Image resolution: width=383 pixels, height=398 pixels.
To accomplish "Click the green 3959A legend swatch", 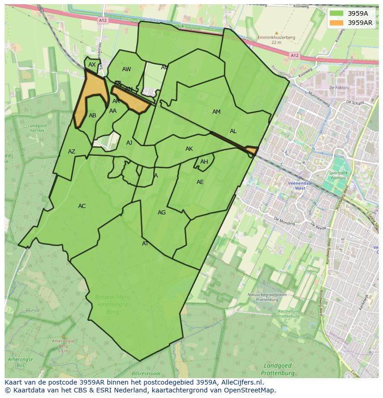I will point(337,13).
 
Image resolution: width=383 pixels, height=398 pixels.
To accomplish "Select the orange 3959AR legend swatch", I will point(337,23).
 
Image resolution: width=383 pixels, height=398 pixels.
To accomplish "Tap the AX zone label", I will point(92,65).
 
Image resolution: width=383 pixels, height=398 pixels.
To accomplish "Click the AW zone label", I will point(126,69).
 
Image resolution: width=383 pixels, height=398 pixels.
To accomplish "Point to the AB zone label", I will point(93,116).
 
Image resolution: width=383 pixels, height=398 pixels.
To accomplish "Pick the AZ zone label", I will point(72,152).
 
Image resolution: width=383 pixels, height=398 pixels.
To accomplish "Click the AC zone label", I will point(82,206).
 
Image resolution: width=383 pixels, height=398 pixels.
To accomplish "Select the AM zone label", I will point(216,112).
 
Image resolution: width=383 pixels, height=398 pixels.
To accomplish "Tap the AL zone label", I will point(233,131).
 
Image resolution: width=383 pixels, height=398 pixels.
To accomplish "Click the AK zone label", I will point(189,149).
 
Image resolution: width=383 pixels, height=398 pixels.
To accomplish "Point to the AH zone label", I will point(204,162).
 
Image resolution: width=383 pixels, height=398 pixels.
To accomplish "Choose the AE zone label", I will point(200,182).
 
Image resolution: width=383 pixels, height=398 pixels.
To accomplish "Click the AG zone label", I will point(161,213).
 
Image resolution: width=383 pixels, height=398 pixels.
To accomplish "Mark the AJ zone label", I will point(130,143).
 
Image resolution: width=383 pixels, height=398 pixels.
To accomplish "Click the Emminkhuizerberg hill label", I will point(276,37).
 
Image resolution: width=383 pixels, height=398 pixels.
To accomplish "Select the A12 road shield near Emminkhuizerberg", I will point(294,55).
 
